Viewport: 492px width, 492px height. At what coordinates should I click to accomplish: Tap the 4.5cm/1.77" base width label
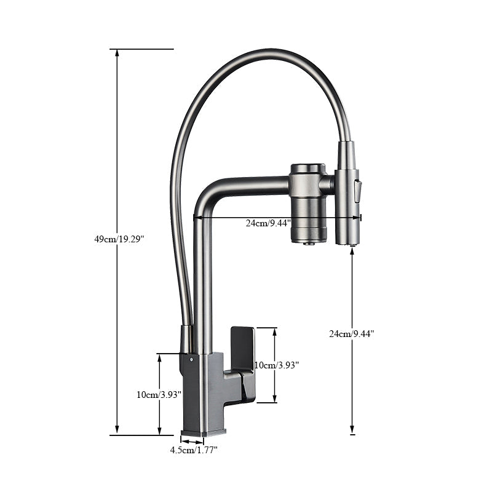(x=194, y=450)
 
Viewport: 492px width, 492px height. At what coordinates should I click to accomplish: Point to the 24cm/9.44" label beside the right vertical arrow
(x=351, y=334)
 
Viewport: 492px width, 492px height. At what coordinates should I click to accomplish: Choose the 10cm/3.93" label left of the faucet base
(x=159, y=395)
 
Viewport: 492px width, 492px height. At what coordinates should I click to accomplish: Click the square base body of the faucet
(x=203, y=397)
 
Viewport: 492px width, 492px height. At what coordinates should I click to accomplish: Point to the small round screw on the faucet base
(x=191, y=358)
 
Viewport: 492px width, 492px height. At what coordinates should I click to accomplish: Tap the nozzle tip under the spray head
(x=352, y=244)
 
